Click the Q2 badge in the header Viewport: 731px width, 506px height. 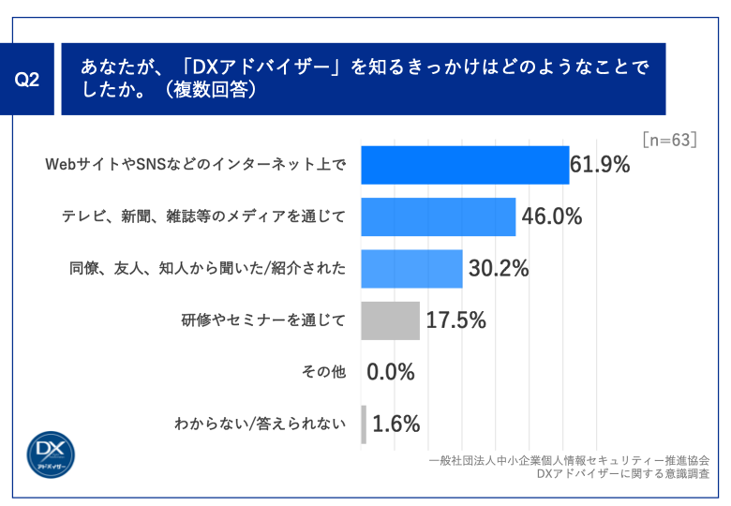tap(28, 80)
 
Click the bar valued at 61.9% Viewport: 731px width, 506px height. tap(465, 166)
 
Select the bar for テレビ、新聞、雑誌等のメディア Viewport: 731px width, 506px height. tap(438, 217)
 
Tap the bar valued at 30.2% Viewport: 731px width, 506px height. tap(411, 269)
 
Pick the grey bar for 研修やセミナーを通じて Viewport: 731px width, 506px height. tap(390, 320)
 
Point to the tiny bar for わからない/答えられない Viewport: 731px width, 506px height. tap(364, 424)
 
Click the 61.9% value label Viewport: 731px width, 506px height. tap(600, 166)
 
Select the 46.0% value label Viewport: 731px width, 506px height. tap(552, 217)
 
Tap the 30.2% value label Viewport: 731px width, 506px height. tap(499, 269)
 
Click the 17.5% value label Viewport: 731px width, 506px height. tap(455, 320)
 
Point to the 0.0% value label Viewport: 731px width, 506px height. tap(391, 372)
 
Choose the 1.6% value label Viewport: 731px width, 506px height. tap(396, 424)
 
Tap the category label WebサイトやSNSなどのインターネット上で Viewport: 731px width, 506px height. tap(196, 166)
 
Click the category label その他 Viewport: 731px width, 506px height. tap(323, 372)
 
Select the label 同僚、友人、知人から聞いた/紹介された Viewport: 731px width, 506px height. tap(207, 269)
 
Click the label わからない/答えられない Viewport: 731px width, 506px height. tap(260, 424)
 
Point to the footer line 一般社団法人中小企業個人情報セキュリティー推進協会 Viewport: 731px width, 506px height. tap(568, 460)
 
